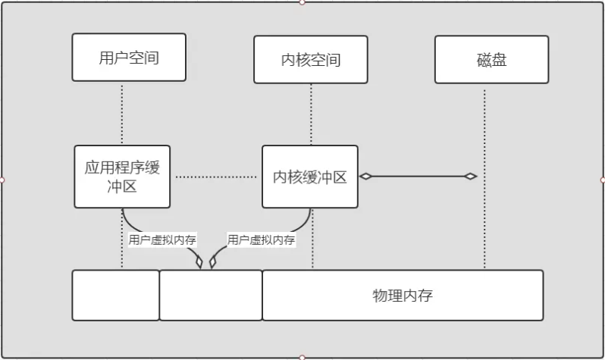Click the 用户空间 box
pos(129,58)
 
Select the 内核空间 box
pos(310,60)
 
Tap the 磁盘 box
pos(492,59)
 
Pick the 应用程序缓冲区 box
pos(122,177)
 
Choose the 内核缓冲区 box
pos(309,177)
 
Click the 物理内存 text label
pos(403,295)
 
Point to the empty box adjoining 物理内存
pos(210,295)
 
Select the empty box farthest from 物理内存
pos(115,295)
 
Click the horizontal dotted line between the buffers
pos(216,177)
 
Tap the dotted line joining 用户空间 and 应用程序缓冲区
pos(122,113)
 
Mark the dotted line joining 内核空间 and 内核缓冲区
pos(311,114)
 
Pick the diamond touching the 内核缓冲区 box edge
pos(366,177)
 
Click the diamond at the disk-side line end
pos(471,177)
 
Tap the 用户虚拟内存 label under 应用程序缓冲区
pos(162,240)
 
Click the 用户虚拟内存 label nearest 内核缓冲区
pos(261,240)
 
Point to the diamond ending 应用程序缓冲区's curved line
pos(200,262)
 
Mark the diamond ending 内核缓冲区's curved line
pos(213,262)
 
